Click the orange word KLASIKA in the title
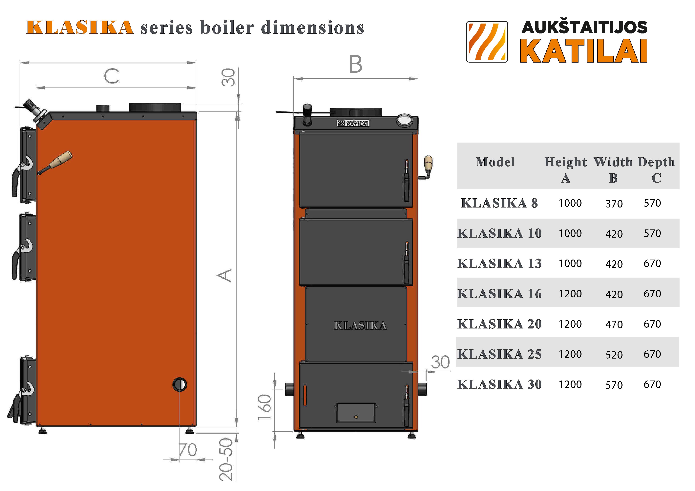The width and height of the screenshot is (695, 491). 80,27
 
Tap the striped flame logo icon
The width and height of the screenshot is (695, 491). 487,42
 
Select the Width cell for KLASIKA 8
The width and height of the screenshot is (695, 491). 614,204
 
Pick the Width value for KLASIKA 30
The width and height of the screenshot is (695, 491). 614,385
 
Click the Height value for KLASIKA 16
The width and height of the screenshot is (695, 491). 570,294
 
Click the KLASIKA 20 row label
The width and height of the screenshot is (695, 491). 499,324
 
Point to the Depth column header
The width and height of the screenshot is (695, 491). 656,162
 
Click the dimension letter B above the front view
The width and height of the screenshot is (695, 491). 355,64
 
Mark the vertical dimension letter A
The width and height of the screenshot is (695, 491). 225,275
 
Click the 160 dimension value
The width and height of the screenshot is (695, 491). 264,407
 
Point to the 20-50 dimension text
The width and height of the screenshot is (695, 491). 226,459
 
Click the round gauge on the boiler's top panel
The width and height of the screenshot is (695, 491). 404,120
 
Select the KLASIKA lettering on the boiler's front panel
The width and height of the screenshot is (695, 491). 360,325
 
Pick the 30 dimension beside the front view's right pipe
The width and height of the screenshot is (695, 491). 440,362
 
